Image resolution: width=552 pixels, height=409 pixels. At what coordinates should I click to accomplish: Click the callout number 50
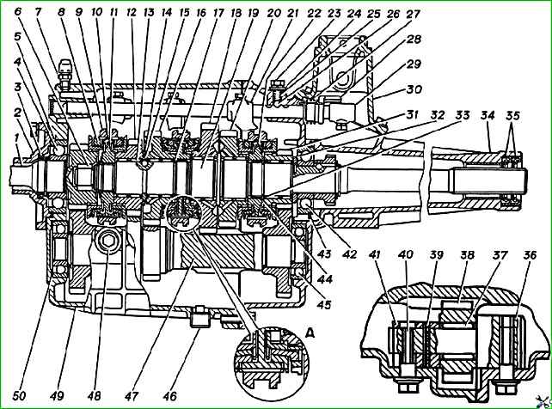coord(20,396)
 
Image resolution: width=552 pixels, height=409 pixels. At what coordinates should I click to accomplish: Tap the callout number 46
coord(169,396)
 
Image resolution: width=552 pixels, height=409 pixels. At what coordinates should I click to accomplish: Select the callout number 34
coord(488,115)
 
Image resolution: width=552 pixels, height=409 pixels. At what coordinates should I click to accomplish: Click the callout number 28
coord(414,39)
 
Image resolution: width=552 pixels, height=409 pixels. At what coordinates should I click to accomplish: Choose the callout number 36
coord(530,254)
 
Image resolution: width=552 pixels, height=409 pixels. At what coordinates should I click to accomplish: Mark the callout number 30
coord(414,89)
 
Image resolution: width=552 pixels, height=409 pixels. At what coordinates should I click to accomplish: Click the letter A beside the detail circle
coord(310,333)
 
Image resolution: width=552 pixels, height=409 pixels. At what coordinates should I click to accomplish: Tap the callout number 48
coord(94,396)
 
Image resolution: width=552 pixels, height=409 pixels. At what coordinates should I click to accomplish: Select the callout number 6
coord(17,11)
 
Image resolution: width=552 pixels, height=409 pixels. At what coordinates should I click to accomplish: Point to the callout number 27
coord(414,14)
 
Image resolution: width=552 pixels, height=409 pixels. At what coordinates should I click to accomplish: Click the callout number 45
coord(324,304)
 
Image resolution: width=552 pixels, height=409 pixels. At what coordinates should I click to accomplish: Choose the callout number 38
coord(468,254)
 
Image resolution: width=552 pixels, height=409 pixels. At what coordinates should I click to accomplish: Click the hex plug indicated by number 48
coord(108,241)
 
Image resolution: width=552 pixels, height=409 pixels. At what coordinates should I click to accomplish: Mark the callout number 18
coord(236,14)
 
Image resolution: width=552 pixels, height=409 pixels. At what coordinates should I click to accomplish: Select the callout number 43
coord(324,253)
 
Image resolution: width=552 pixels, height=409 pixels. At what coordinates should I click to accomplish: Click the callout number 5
coord(17,36)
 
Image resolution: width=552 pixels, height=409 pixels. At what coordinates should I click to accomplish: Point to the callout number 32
coord(437,115)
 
